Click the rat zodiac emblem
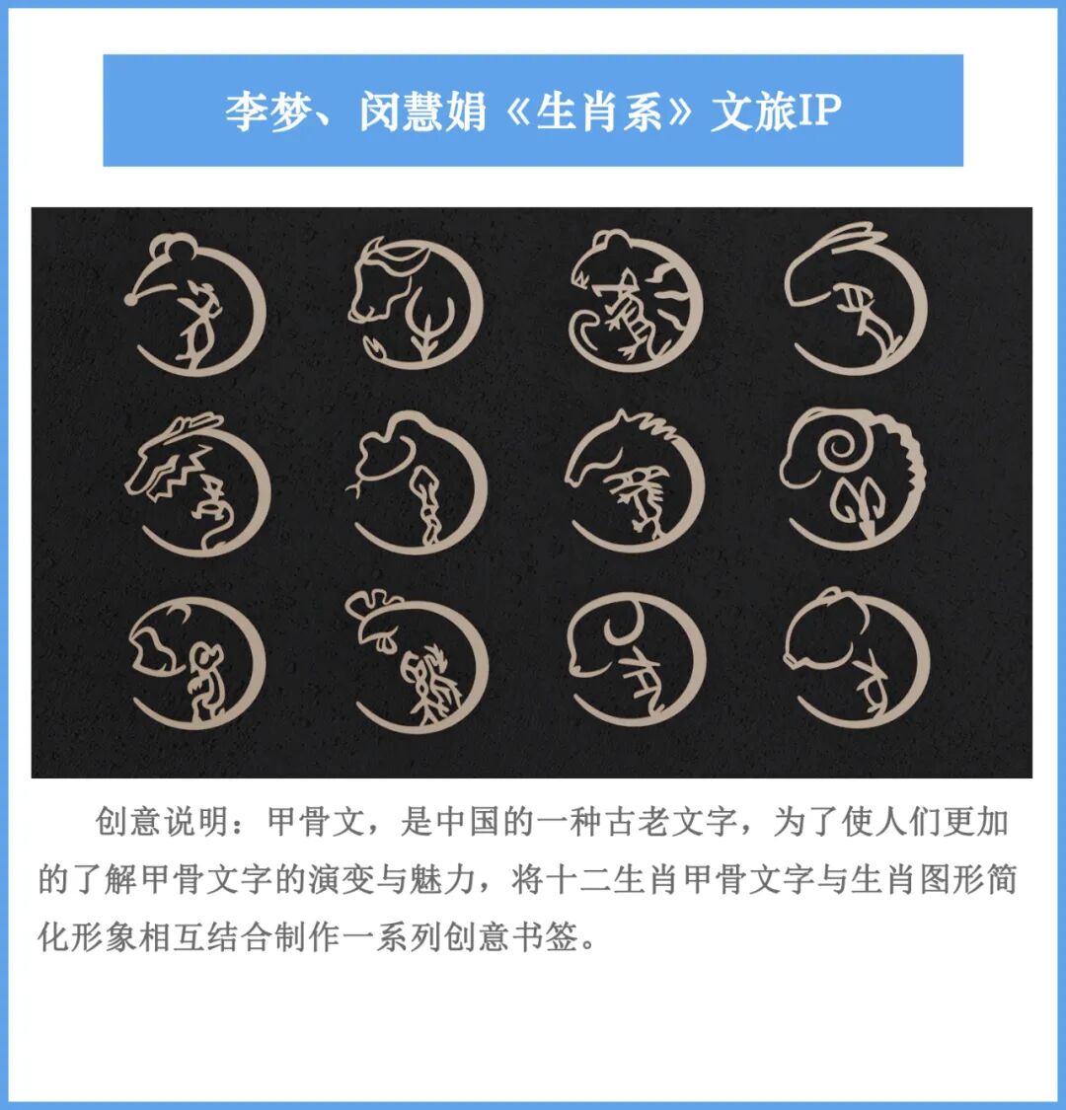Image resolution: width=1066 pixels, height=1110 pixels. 197,301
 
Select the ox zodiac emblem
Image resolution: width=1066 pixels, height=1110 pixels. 415,301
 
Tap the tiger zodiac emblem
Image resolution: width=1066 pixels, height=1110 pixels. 637,301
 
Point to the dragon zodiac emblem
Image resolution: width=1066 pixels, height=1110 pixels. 197,483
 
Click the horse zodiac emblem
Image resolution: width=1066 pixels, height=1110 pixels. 637,483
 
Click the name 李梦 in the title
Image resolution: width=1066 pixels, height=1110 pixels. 259,111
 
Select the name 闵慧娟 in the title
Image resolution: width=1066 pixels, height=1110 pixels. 419,111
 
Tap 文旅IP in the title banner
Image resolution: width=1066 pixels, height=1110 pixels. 776,111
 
